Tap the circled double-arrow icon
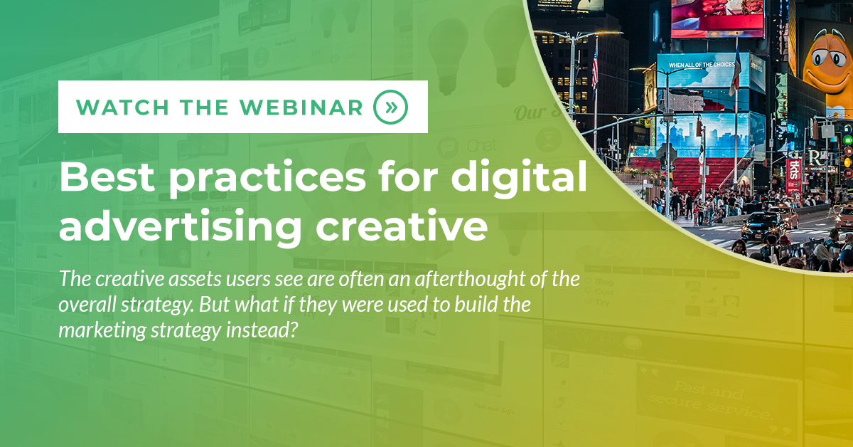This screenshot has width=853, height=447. pyautogui.click(x=390, y=107)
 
